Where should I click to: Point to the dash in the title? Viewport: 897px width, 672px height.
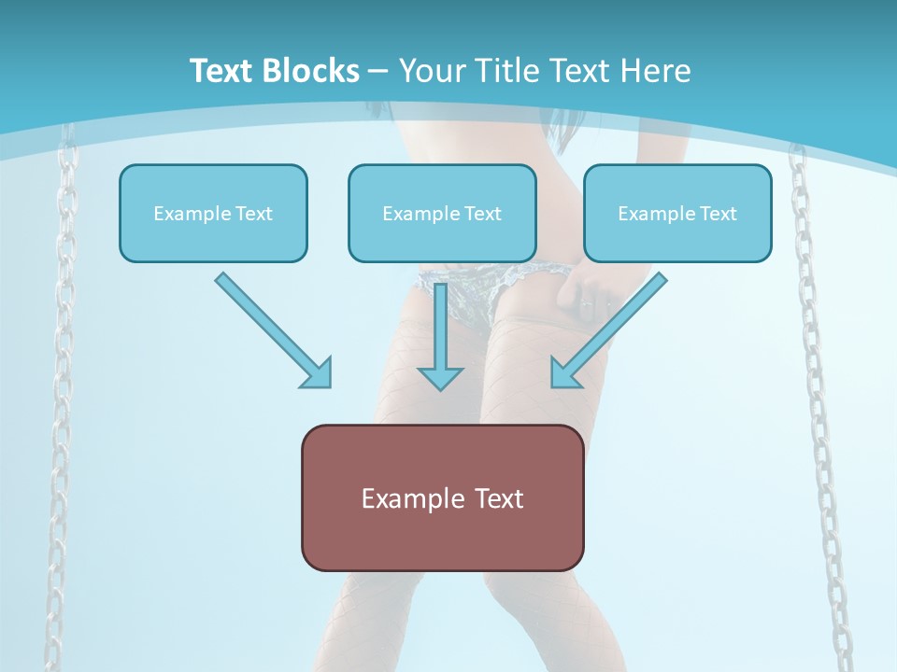[378, 72]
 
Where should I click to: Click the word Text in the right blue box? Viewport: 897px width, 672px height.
[719, 214]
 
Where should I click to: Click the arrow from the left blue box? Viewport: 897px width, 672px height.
[274, 330]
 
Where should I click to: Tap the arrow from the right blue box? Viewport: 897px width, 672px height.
[608, 330]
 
